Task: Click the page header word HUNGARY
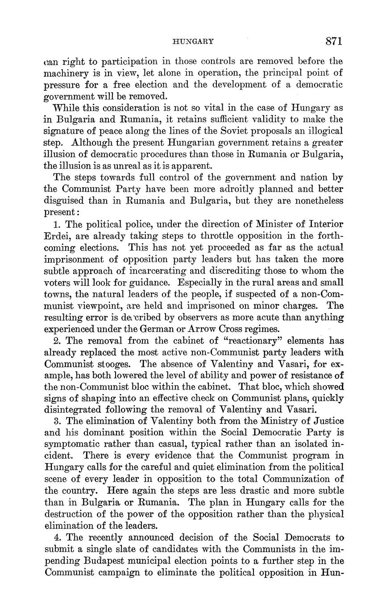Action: coord(193,42)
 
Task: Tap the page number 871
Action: coord(333,41)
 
